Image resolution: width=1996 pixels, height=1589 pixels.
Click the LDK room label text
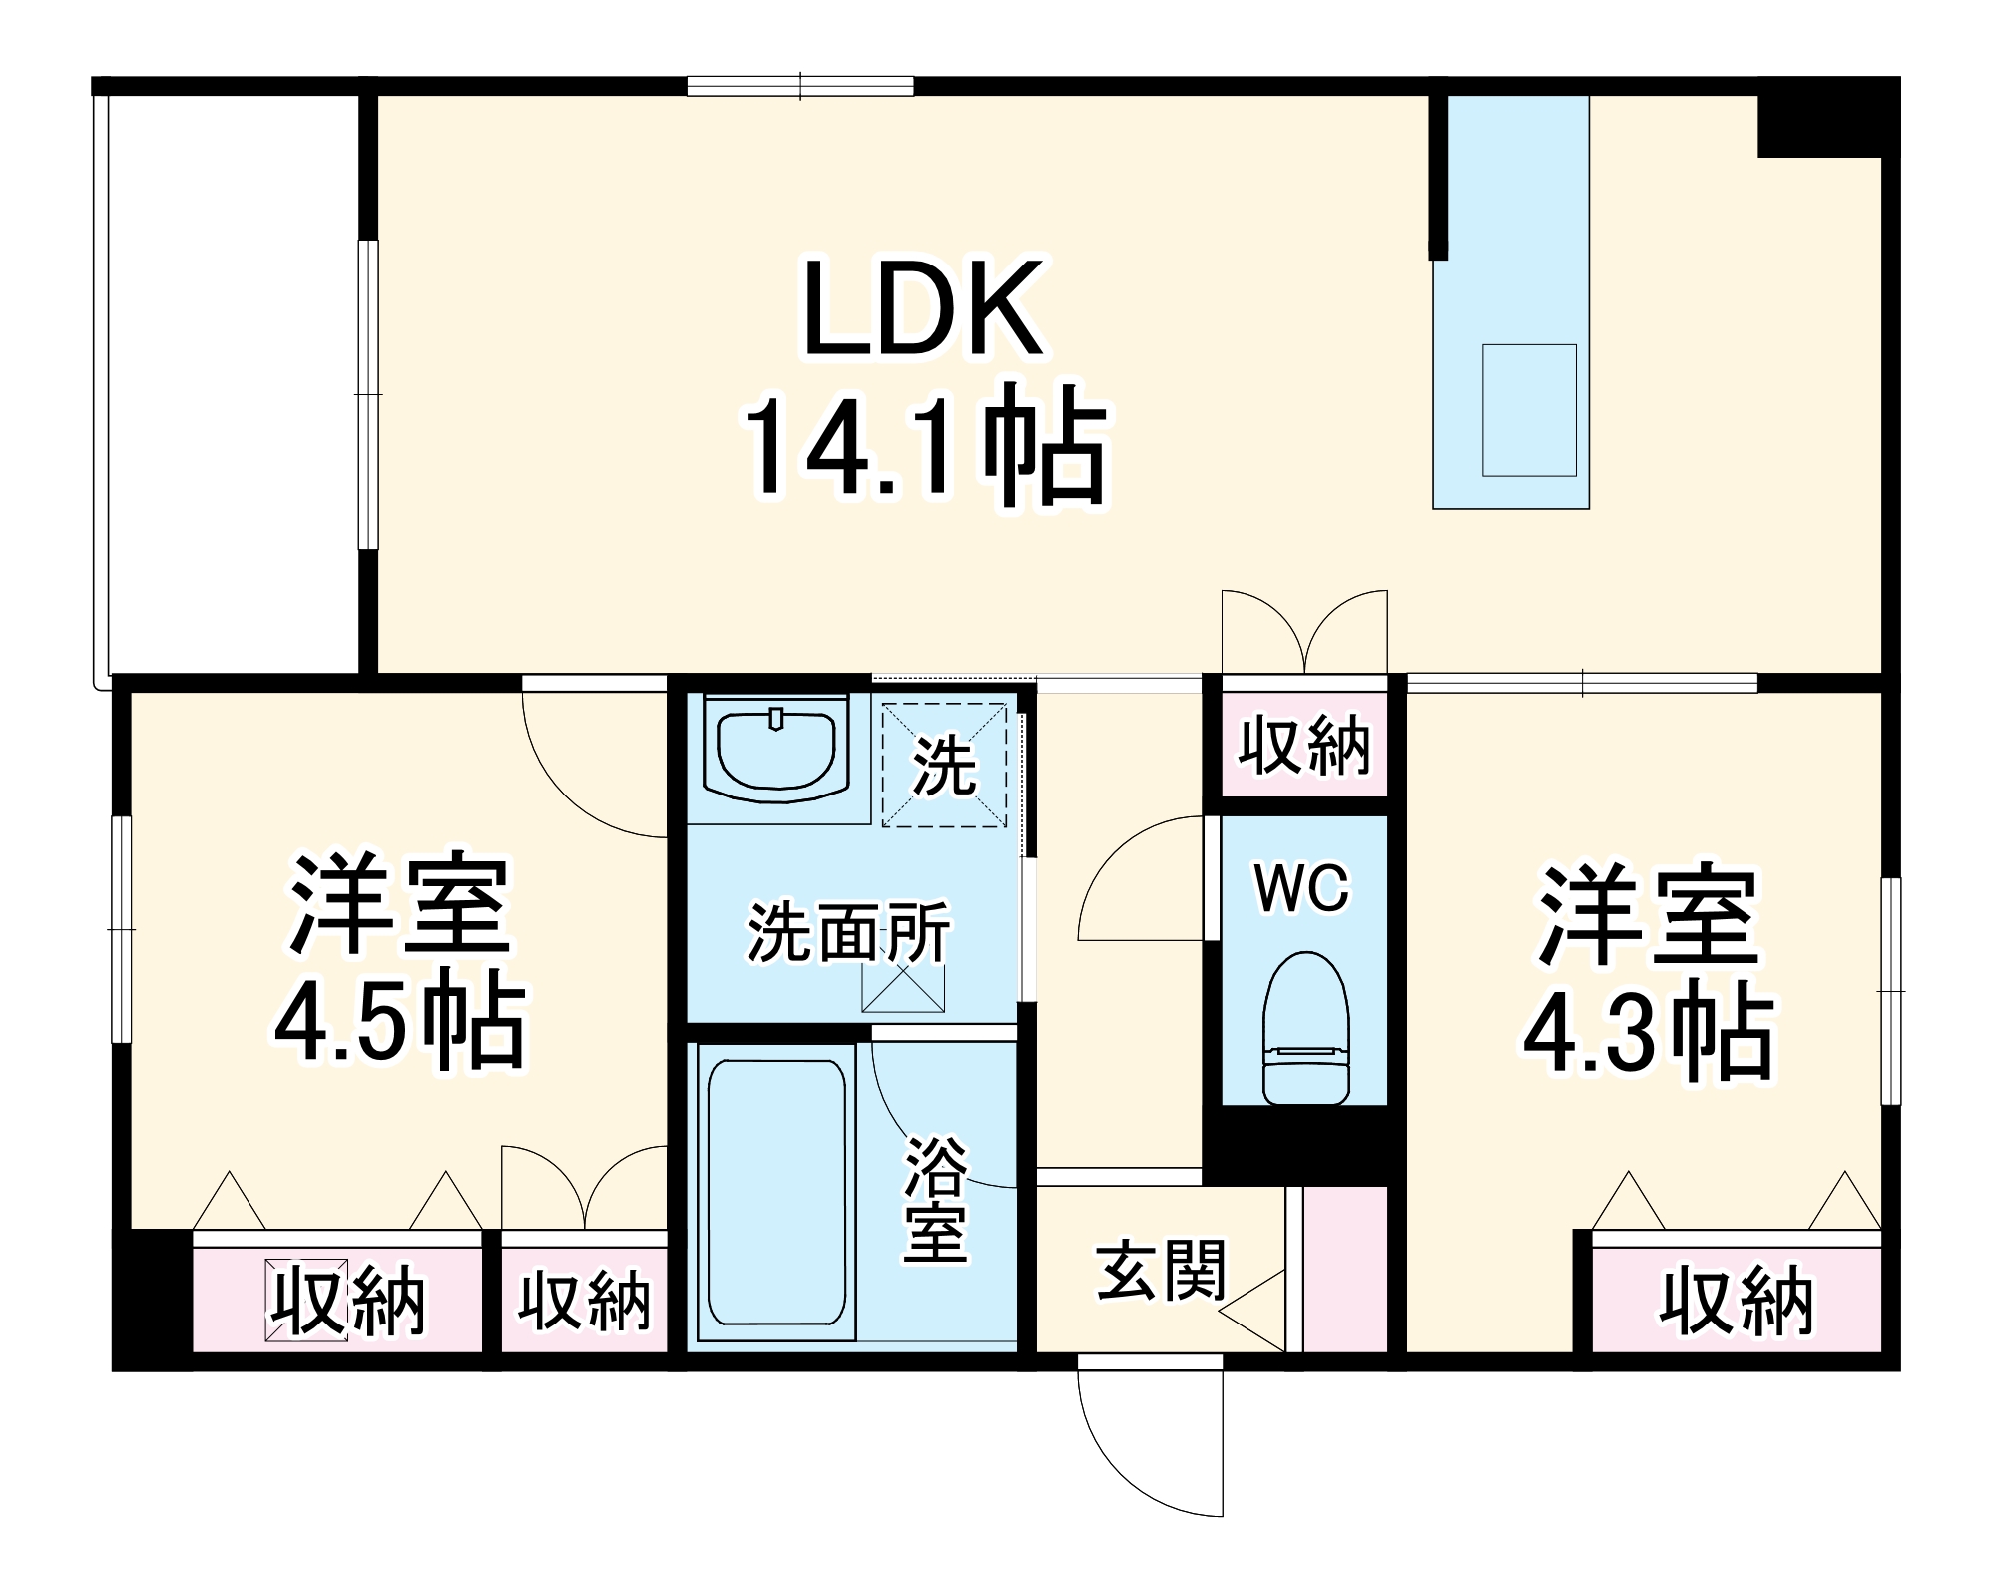coord(923,309)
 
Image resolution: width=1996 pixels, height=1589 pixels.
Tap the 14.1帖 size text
coord(923,444)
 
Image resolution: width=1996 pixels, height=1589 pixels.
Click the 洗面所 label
coord(848,933)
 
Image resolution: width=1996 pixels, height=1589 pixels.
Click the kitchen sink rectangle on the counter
coord(1528,410)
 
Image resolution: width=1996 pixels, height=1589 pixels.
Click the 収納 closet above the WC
coord(1304,745)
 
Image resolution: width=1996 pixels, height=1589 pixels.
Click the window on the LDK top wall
coord(800,87)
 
